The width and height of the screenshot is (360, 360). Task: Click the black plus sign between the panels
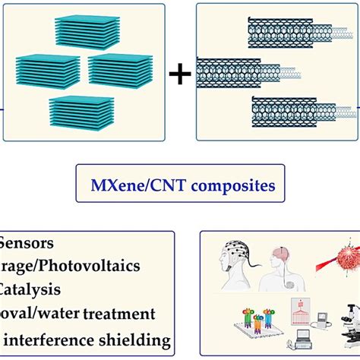click(x=179, y=74)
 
